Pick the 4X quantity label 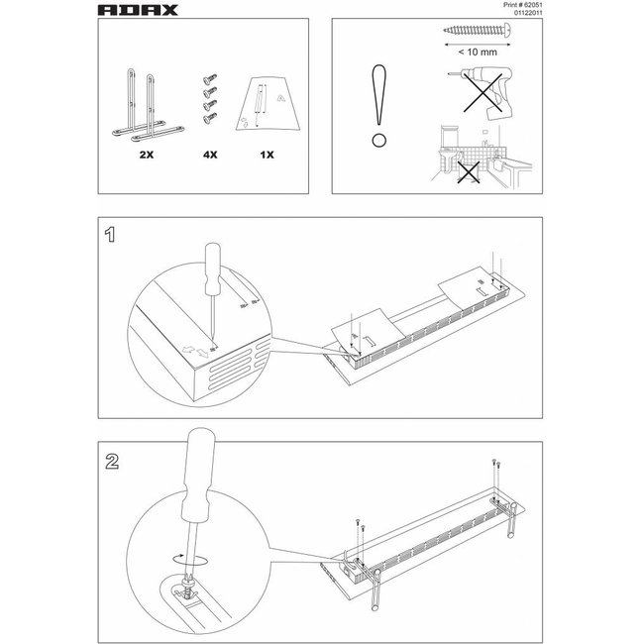click(x=210, y=157)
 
